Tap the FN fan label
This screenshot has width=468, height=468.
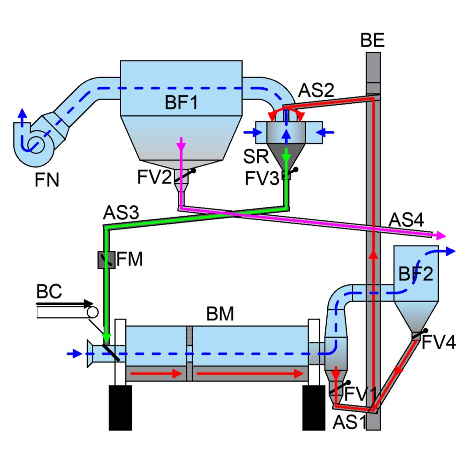47,180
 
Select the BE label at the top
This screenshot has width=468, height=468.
372,40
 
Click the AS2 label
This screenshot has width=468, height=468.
316,90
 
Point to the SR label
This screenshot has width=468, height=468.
256,156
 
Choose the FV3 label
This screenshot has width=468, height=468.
262,179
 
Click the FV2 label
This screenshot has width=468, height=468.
154,177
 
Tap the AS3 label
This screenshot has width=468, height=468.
121,213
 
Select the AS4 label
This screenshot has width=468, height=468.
406,220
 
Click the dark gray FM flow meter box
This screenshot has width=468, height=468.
106,260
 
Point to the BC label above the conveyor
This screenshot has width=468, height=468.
49,291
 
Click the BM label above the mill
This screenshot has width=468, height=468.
220,314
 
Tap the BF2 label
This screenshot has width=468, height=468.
416,273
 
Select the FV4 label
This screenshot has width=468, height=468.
438,342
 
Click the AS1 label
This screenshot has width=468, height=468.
350,422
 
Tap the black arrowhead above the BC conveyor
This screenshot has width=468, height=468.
89,304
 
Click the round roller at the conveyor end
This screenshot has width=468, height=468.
92,313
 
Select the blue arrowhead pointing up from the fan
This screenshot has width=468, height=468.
22,113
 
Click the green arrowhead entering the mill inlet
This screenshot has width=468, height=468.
106,338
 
